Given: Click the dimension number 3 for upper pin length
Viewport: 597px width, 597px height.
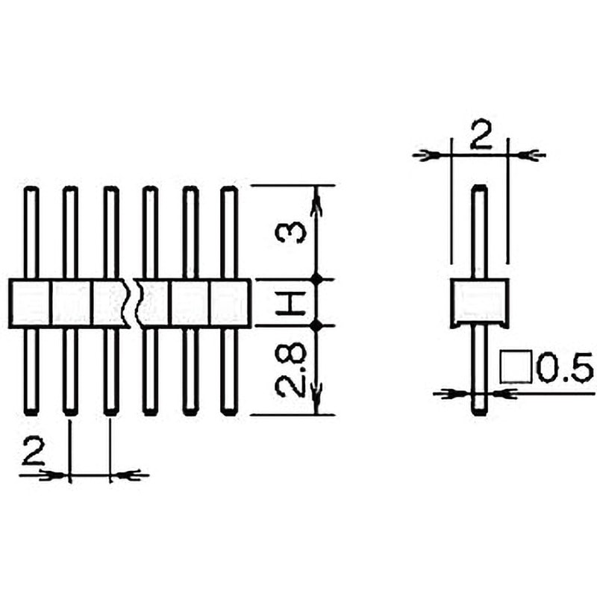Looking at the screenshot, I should click(291, 232).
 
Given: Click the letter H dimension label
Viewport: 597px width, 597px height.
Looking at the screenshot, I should click(291, 304).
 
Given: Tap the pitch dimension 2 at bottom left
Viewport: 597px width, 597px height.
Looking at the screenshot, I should click(33, 453).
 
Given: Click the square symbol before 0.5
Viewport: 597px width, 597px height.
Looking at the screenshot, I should click(514, 366).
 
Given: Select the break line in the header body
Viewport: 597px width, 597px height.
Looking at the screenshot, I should click(135, 303).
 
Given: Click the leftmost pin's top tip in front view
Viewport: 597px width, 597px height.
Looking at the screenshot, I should click(31, 190).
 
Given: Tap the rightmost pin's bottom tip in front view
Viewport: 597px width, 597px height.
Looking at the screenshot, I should click(229, 410).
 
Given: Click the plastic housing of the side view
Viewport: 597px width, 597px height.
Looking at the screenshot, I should click(480, 302).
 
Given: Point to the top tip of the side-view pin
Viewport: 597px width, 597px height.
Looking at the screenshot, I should click(480, 188).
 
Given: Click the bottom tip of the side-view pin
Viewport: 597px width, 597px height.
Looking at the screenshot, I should click(480, 411).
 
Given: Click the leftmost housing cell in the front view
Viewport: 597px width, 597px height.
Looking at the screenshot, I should click(31, 303).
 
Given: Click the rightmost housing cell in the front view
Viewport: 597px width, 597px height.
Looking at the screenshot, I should click(229, 303).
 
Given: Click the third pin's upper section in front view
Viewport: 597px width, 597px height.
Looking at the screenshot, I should click(110, 231).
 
